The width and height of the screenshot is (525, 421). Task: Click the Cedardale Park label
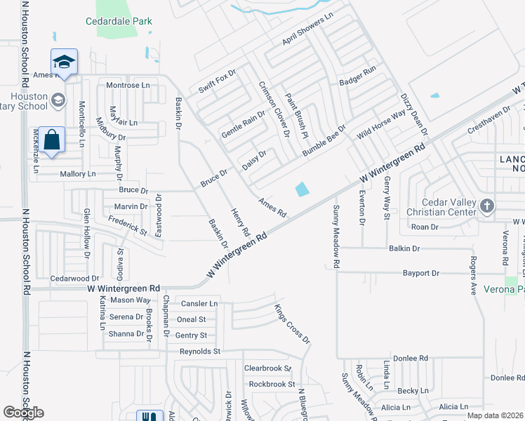pos(119,22)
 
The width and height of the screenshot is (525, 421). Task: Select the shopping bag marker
pos(52,140)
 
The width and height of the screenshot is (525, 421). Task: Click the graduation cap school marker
pos(64,62)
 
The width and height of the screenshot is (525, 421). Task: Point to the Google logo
pos(23,413)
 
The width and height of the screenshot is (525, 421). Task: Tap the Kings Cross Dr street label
pos(292,323)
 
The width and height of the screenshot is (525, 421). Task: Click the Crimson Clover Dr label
pos(274,107)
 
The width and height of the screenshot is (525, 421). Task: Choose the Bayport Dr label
pos(420,273)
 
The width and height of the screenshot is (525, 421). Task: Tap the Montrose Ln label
pos(128,85)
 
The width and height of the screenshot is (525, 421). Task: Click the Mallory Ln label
pos(77,173)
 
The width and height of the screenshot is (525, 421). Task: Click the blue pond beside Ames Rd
pos(302,189)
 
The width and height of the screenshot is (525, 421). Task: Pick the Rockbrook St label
pos(272,384)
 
